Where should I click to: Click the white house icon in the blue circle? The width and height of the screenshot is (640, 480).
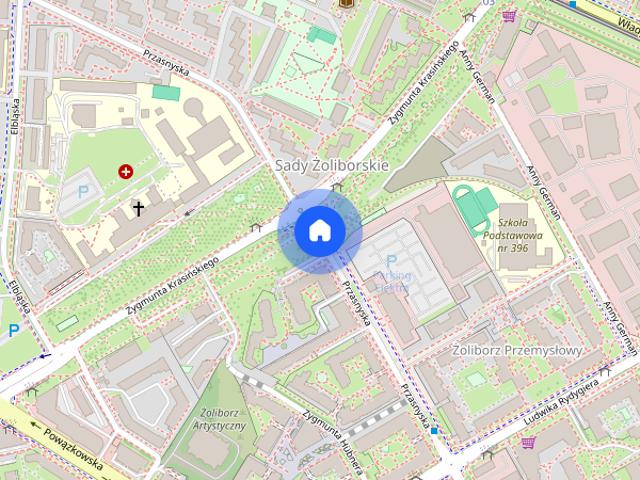(x=320, y=231)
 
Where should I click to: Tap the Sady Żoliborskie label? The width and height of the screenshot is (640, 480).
(x=331, y=164)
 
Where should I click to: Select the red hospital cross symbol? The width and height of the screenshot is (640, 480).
(x=126, y=172)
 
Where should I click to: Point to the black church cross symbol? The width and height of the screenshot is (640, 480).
(x=138, y=208)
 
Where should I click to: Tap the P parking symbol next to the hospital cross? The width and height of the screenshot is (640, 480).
(x=83, y=191)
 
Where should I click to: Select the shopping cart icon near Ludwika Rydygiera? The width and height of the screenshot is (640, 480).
(x=527, y=441)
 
